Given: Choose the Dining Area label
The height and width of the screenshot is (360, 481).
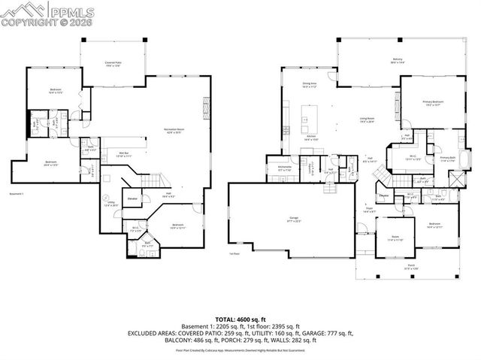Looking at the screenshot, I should click(x=309, y=85).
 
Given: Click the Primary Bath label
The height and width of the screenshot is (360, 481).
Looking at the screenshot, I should click(x=448, y=159).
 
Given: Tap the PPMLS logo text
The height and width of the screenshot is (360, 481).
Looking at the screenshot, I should click(x=74, y=11).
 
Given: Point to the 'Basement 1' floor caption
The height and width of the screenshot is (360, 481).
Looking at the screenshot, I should click(x=17, y=193).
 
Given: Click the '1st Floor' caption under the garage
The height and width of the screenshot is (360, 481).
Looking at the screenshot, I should click(x=234, y=254).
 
